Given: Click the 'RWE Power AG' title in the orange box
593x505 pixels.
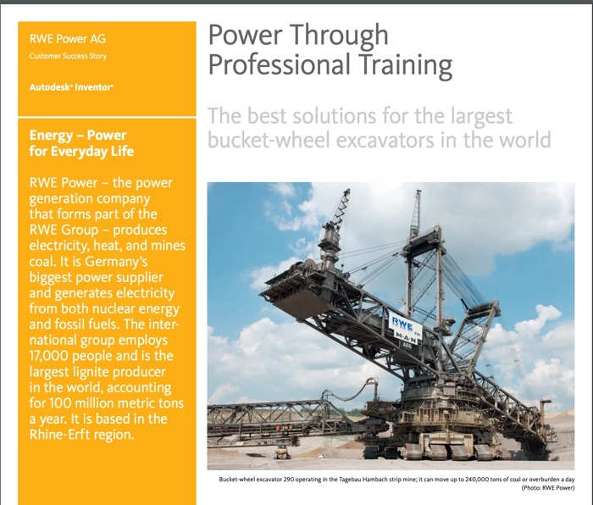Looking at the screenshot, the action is pos(68,39).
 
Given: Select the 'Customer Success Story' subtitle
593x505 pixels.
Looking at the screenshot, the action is pos(68,56).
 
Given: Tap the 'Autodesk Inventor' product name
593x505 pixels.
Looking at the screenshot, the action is pos(71,87).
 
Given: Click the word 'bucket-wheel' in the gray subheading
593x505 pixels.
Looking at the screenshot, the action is pos(269,140).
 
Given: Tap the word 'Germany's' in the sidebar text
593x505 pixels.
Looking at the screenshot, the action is pos(116,261).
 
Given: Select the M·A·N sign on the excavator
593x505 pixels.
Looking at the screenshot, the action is pos(407,336).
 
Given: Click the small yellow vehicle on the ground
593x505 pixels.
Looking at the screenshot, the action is pos(282,452).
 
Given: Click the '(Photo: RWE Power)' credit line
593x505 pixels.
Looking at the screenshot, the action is pos(548,488).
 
